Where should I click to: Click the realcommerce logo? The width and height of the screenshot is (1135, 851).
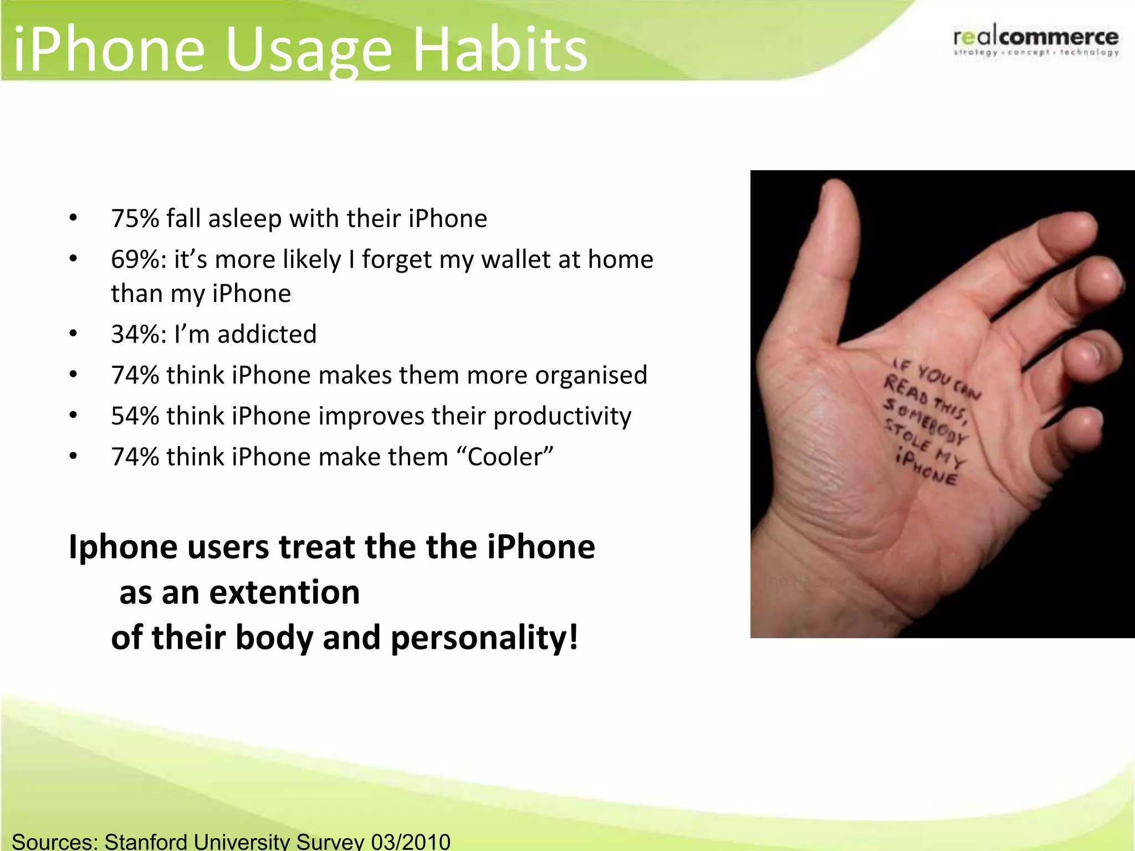[1036, 40]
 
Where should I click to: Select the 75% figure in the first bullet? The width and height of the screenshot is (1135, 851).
[135, 218]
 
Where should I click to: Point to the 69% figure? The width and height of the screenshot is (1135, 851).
[135, 259]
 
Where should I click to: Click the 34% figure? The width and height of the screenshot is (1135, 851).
[135, 334]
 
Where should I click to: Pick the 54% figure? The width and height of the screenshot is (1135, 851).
[135, 416]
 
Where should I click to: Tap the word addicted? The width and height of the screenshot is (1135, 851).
[267, 334]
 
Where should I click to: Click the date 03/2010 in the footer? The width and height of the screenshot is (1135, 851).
[411, 842]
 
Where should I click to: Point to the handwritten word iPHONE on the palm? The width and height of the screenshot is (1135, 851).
[927, 469]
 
